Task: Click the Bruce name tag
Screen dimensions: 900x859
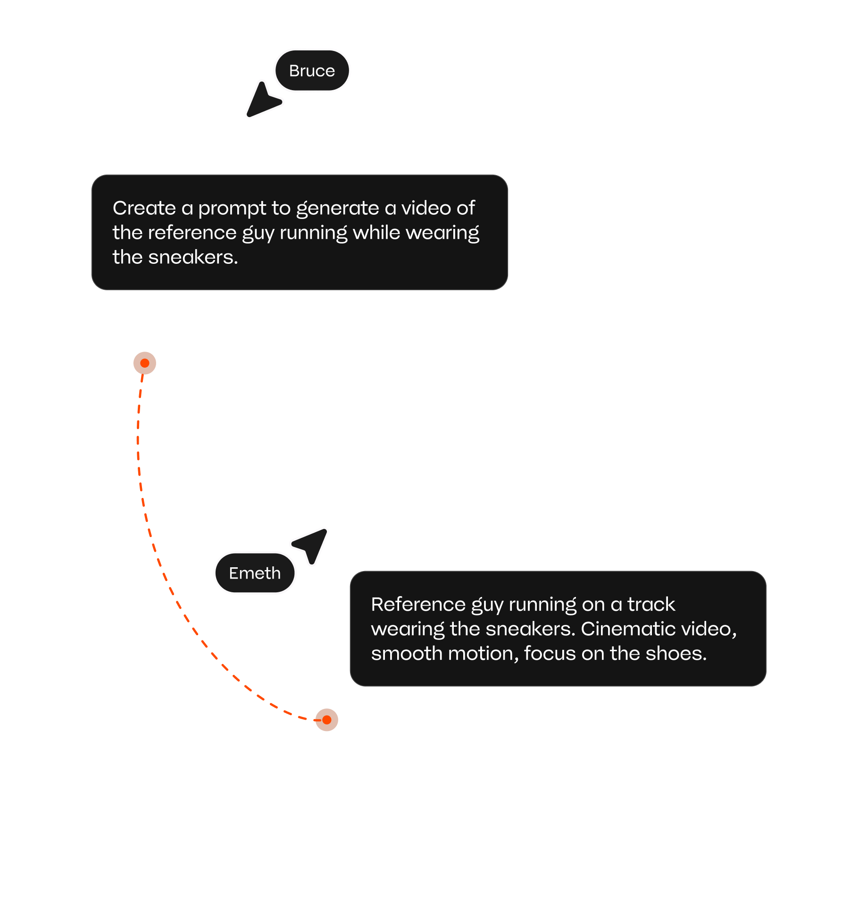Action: [312, 71]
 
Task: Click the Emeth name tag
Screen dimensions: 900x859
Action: [255, 573]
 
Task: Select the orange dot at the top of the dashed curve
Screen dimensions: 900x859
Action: [145, 363]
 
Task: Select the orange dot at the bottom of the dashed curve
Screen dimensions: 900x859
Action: [327, 720]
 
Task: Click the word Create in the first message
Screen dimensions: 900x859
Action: [144, 208]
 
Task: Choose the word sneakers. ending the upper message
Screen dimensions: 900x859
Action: [193, 258]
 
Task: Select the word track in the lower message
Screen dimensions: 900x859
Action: [651, 605]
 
